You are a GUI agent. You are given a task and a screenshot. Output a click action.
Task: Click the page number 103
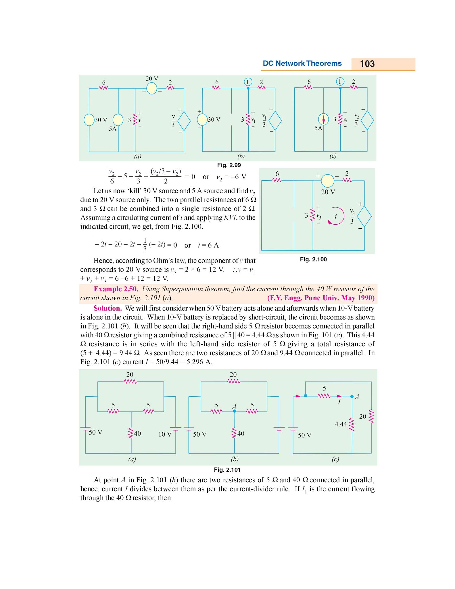pyautogui.click(x=367, y=64)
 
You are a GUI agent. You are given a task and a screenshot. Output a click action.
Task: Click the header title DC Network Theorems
pyautogui.click(x=302, y=64)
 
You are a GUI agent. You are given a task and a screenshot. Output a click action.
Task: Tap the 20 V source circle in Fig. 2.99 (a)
pyautogui.click(x=151, y=88)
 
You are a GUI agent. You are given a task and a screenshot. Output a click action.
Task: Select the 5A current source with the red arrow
pyautogui.click(x=323, y=119)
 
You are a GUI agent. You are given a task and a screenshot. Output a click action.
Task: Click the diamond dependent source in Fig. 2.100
pyautogui.click(x=364, y=217)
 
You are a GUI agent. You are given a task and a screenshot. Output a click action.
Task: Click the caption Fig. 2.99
pyautogui.click(x=229, y=165)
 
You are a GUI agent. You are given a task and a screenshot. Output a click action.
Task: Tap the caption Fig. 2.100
pyautogui.click(x=313, y=259)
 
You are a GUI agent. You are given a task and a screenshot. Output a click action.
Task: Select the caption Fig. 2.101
pyautogui.click(x=227, y=470)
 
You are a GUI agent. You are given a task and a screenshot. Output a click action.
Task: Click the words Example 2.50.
pyautogui.click(x=116, y=289)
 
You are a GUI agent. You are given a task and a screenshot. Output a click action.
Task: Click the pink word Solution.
pyautogui.click(x=107, y=308)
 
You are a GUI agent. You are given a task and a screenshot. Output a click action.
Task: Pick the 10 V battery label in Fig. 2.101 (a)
pyautogui.click(x=165, y=434)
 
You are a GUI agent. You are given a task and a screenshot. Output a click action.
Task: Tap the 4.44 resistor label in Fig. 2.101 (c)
pyautogui.click(x=341, y=424)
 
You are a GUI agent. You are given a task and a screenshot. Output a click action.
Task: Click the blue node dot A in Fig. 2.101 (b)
pyautogui.click(x=235, y=411)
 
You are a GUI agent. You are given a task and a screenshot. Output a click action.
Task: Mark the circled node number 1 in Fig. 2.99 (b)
pyautogui.click(x=248, y=82)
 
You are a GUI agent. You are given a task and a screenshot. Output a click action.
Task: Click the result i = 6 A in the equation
pyautogui.click(x=208, y=245)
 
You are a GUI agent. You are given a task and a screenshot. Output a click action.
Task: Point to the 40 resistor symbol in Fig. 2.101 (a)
pyautogui.click(x=131, y=433)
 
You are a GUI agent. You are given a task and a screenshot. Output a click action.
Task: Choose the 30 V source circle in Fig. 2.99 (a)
pyautogui.click(x=89, y=120)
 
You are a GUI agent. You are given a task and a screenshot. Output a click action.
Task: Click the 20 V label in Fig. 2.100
pyautogui.click(x=328, y=192)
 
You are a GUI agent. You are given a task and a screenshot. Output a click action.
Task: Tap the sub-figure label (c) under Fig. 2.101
pyautogui.click(x=335, y=459)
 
